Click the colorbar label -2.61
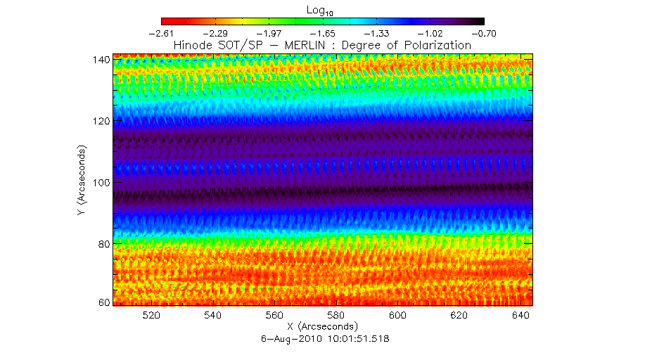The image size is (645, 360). tap(161, 33)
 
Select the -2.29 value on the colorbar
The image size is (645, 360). tap(215, 33)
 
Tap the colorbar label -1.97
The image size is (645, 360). tap(269, 33)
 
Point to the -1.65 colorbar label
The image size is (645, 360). tap(322, 33)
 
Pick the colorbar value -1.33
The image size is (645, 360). tap(376, 33)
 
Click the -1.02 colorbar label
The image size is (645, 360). tap(430, 33)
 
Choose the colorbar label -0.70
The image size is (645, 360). tap(483, 33)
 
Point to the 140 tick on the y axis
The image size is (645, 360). tap(100, 60)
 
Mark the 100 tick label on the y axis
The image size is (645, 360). tap(100, 182)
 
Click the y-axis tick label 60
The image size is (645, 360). tap(103, 303)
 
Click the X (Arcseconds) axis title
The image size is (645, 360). tap(322, 327)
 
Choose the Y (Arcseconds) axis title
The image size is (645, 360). tap(83, 181)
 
